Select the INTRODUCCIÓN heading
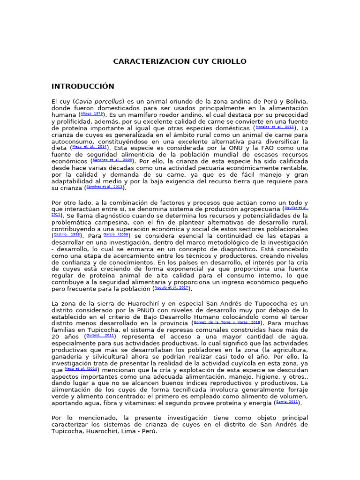pos(82,86)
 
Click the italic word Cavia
pos(84,101)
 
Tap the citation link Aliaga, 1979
pos(91,114)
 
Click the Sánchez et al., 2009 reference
pos(112,160)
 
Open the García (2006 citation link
pos(116,234)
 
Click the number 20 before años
pos(56,337)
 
